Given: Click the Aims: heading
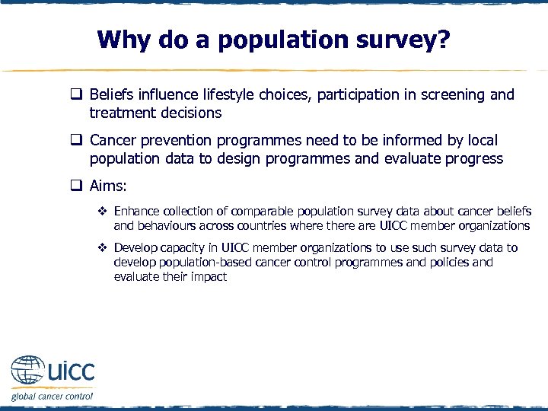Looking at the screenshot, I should point(107,186).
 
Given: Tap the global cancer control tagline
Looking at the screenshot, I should point(52,396).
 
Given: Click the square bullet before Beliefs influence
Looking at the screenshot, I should point(78,96).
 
